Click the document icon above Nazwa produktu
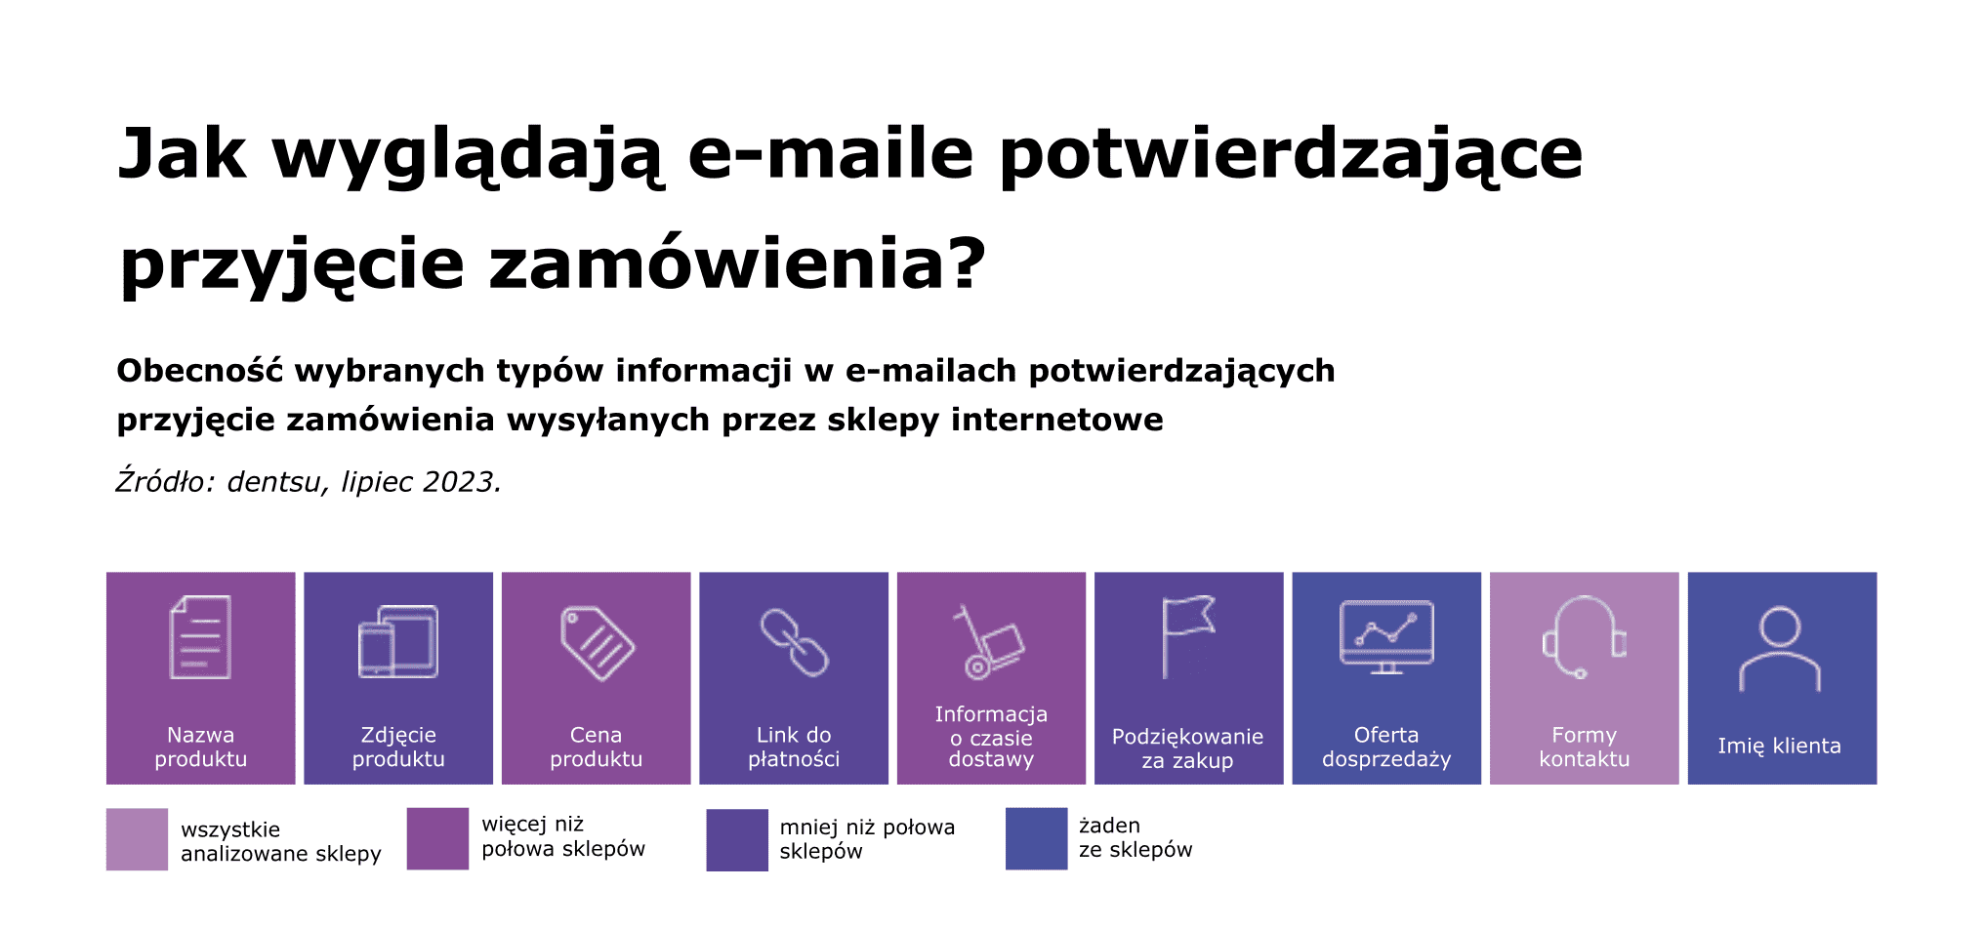click(200, 637)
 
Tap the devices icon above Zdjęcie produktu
click(398, 641)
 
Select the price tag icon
click(597, 642)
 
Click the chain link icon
click(794, 642)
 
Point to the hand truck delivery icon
click(989, 641)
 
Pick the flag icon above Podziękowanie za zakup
click(1188, 636)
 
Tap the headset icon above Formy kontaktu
click(1584, 636)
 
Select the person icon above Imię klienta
click(1780, 648)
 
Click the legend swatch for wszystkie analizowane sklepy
click(137, 839)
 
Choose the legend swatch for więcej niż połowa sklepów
click(437, 838)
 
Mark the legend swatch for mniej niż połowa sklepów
click(737, 839)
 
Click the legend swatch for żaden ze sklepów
click(1036, 838)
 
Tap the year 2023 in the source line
click(458, 482)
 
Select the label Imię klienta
click(1780, 746)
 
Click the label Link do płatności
click(794, 747)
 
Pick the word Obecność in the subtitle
click(200, 371)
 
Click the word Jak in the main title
click(182, 154)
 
